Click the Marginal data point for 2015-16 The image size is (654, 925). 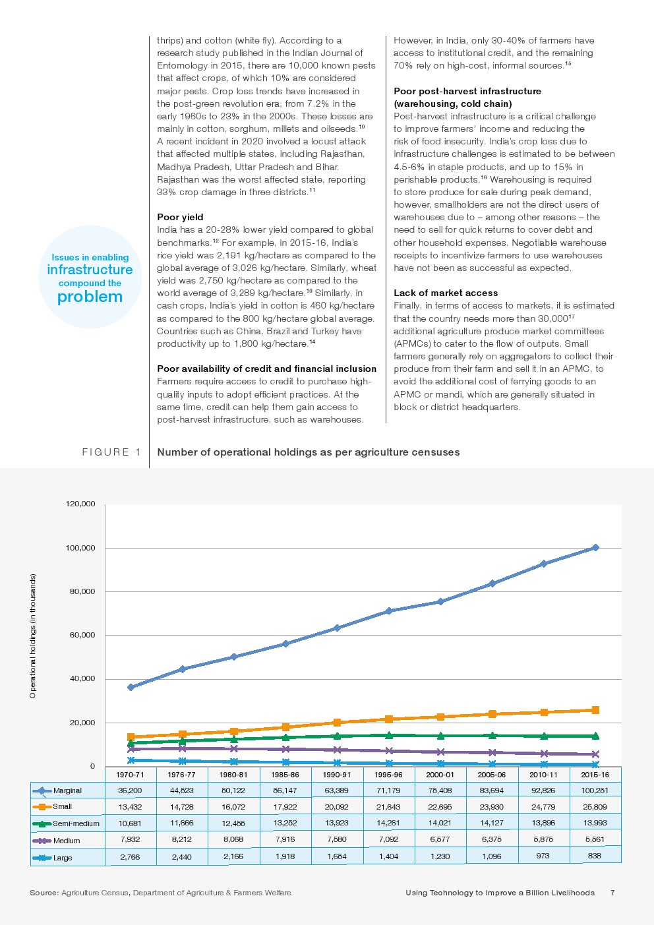point(595,547)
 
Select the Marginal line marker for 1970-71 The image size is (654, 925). point(131,687)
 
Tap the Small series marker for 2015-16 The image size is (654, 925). point(595,710)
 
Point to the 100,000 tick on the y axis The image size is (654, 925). point(80,548)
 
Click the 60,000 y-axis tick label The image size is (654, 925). point(82,635)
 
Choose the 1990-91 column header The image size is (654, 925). point(337,775)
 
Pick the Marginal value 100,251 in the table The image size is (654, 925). point(595,790)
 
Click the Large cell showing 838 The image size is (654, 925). point(595,856)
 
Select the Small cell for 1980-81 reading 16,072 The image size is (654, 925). point(233,806)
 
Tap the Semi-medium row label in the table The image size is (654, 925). point(76,823)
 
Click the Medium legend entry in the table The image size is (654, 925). point(66,841)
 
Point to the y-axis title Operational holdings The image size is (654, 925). point(33,636)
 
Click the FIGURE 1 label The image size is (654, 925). point(111,452)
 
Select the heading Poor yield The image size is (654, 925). point(180,217)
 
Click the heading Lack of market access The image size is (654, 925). point(446,293)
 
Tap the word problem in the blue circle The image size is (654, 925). point(90,297)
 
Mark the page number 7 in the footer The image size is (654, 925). point(612,893)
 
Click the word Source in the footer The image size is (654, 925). point(44,893)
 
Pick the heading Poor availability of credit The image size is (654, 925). point(266,369)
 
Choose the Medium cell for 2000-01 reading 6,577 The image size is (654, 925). point(440,839)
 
